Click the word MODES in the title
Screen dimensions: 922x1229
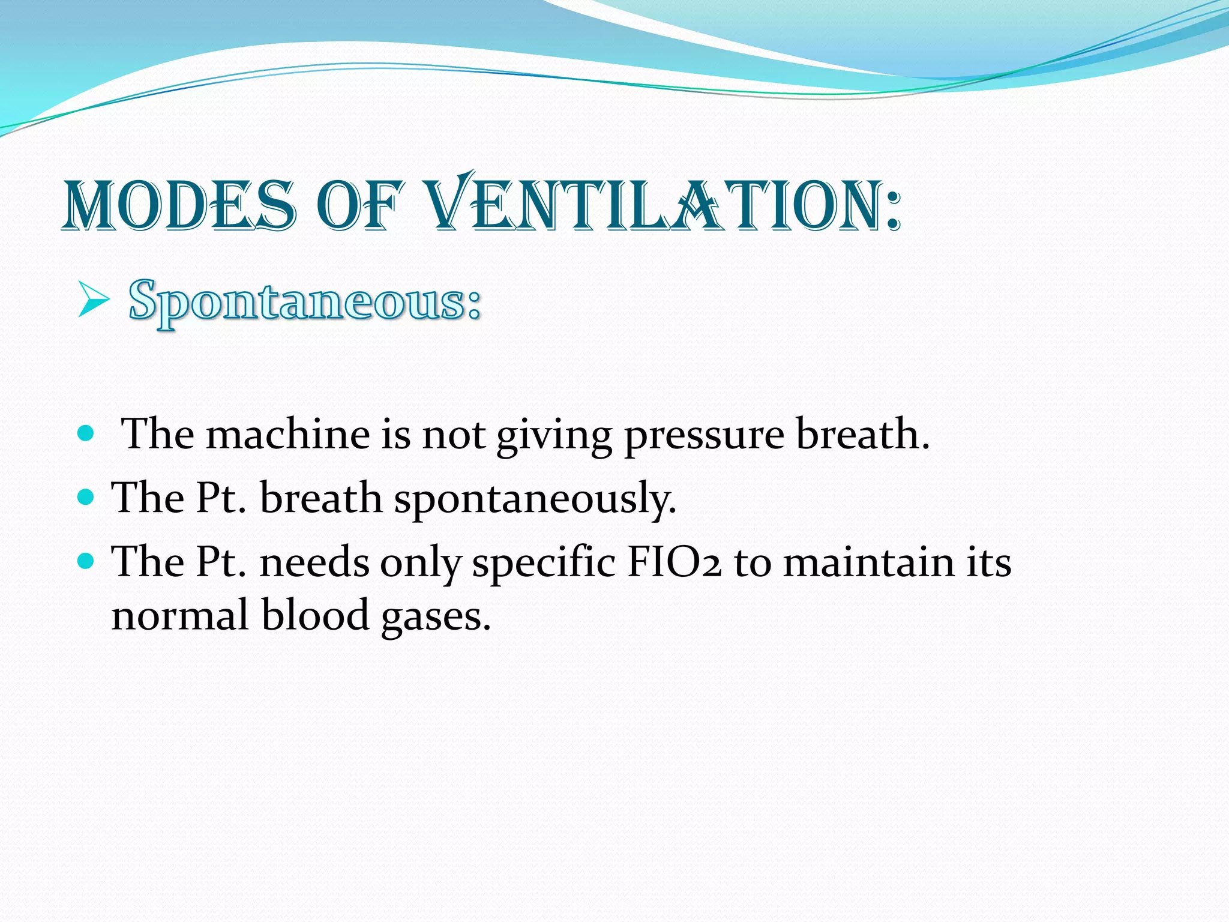[x=179, y=206]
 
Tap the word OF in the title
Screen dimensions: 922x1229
[x=358, y=206]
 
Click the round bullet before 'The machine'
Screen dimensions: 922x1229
[x=86, y=433]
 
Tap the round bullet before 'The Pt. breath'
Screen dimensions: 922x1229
[x=86, y=497]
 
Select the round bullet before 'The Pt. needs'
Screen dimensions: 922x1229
[x=86, y=561]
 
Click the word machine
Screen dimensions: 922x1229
[x=288, y=433]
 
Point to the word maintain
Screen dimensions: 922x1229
[x=868, y=562]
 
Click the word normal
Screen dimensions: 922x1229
[x=180, y=616]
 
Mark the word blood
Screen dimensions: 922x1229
[x=315, y=616]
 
